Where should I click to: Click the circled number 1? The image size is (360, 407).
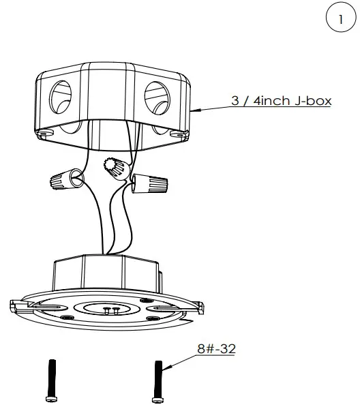pyautogui.click(x=339, y=20)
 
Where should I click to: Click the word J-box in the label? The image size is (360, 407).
pyautogui.click(x=310, y=101)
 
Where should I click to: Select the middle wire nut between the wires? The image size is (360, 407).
pyautogui.click(x=114, y=164)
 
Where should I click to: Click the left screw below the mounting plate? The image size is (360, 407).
pyautogui.click(x=49, y=380)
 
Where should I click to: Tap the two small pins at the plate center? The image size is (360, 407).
pyautogui.click(x=112, y=310)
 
